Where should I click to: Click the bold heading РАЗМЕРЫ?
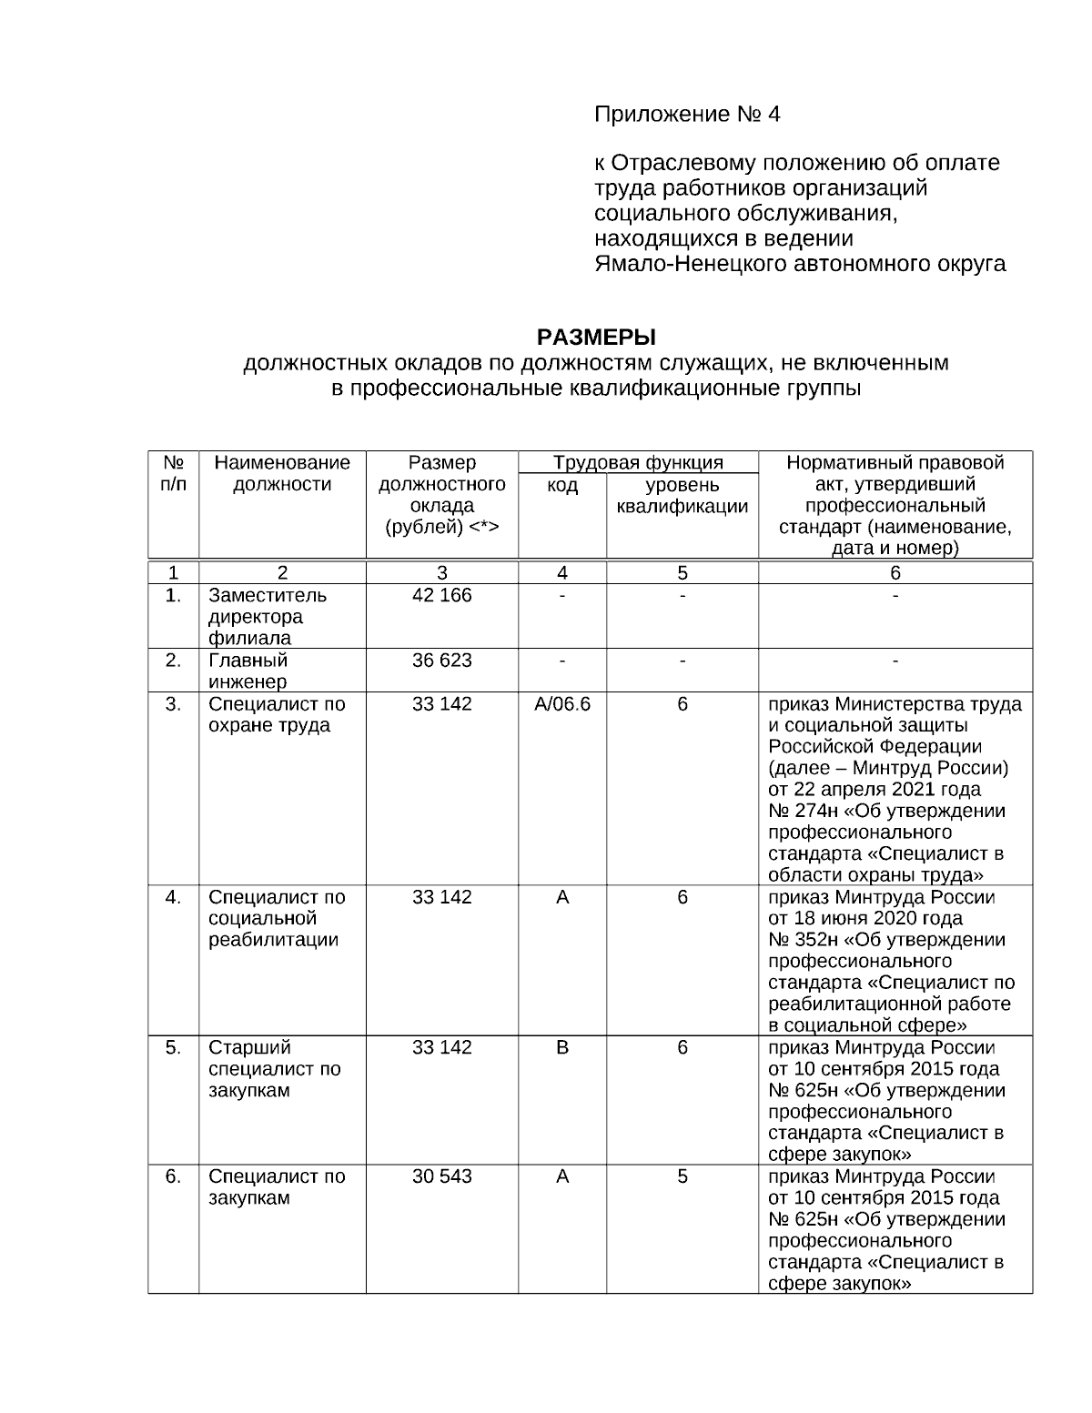pyautogui.click(x=596, y=338)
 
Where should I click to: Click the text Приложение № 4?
pyautogui.click(x=687, y=115)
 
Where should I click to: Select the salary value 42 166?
pyautogui.click(x=441, y=595)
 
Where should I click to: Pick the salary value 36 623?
pyautogui.click(x=441, y=660)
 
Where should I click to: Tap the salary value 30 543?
pyautogui.click(x=441, y=1176)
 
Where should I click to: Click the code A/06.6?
pyautogui.click(x=562, y=703)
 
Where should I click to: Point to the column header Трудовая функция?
pyautogui.click(x=638, y=462)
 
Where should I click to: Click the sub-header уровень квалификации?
pyautogui.click(x=682, y=496)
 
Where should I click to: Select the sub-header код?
pyautogui.click(x=562, y=485)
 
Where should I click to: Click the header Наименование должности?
pyautogui.click(x=282, y=473)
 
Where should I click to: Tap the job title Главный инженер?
pyautogui.click(x=248, y=671)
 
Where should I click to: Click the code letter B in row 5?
pyautogui.click(x=562, y=1047)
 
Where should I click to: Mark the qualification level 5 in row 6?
pyautogui.click(x=682, y=1176)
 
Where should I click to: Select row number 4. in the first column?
pyautogui.click(x=173, y=897)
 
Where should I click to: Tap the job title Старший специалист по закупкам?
pyautogui.click(x=274, y=1068)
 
